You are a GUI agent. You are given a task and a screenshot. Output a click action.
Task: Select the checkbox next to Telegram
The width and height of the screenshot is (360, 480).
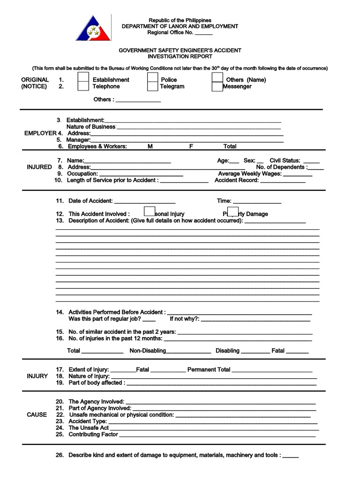152,86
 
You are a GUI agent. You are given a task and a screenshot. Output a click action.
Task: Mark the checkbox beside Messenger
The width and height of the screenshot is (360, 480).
217,87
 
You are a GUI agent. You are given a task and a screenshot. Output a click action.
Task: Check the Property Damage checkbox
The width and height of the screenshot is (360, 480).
233,212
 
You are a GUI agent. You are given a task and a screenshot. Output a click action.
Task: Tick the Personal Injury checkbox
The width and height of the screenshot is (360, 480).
150,212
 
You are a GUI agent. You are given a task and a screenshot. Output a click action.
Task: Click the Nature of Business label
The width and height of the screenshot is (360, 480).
91,127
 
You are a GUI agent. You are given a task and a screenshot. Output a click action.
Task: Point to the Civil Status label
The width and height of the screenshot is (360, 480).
285,160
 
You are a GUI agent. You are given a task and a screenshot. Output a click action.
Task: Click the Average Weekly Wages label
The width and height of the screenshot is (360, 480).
250,173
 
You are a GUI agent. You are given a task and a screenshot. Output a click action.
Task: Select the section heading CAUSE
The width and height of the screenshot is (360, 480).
37,415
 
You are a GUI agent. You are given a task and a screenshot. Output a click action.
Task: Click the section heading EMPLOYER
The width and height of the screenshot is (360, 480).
40,133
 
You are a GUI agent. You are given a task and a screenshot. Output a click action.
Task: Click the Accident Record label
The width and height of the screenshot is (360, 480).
236,180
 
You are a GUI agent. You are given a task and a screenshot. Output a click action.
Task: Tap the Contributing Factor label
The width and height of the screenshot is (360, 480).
93,435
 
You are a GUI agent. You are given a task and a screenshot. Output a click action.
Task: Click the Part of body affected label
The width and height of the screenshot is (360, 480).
97,382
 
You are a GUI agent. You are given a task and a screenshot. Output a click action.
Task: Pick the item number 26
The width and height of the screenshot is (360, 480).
60,455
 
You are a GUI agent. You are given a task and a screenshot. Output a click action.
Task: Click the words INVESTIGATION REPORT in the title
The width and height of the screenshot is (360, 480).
180,56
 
